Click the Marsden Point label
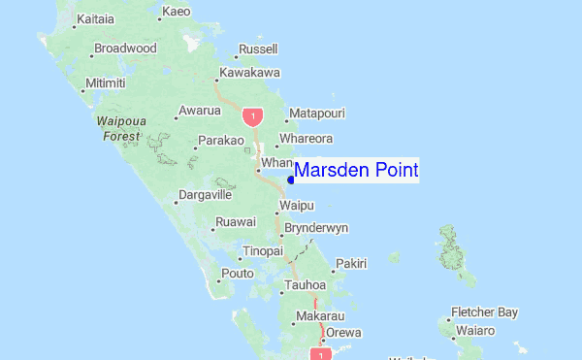coord(356,171)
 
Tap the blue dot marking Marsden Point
coord(292,178)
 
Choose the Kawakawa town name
coord(250,73)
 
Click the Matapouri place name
coord(317,114)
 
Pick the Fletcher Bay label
coord(484,312)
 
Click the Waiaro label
coord(477,331)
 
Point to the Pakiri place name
coord(351,263)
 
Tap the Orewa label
coord(342,333)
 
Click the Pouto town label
coord(238,274)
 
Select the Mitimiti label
coord(106,82)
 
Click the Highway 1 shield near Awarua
coord(253,116)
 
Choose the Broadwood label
coord(126,48)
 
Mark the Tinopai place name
coord(262,250)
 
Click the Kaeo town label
coord(176,12)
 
